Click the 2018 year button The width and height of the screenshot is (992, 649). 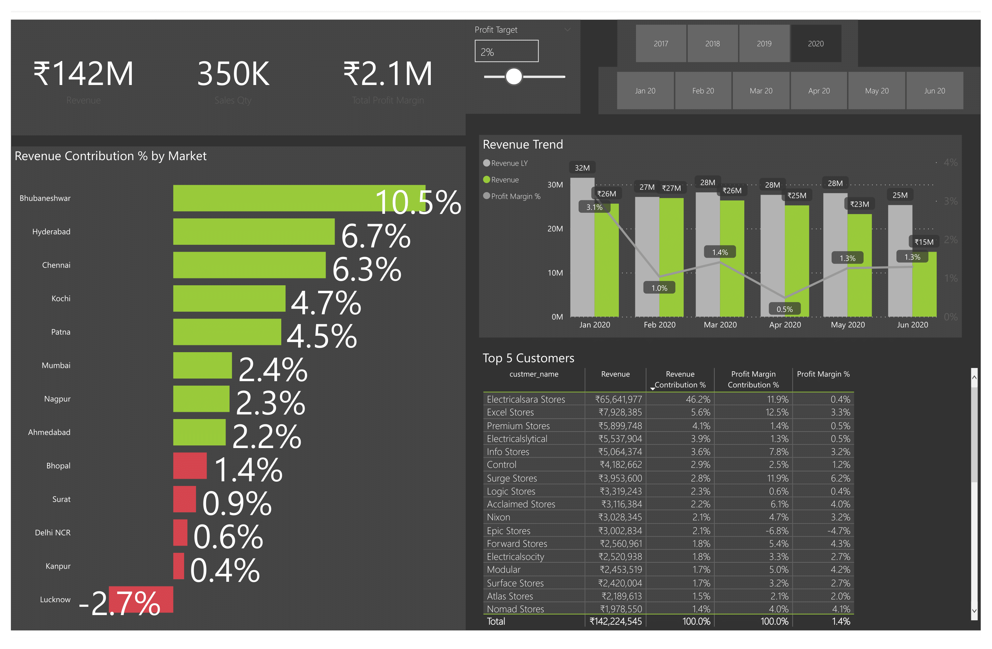712,44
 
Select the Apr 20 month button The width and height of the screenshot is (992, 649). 819,91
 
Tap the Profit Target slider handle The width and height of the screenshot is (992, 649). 513,77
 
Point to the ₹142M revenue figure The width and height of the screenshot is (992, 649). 83,74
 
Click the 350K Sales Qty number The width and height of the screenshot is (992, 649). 233,74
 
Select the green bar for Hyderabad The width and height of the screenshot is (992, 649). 253,232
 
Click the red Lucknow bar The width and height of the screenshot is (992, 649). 141,599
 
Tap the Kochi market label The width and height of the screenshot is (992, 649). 61,298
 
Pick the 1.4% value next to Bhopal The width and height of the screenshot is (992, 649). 248,470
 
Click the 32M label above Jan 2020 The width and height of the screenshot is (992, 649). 582,168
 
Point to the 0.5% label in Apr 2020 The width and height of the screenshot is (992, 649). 785,309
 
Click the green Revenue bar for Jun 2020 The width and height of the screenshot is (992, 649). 924,288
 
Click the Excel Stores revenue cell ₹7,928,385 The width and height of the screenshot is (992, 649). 620,412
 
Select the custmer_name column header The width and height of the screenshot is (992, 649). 534,374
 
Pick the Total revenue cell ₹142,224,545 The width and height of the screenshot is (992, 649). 616,621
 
